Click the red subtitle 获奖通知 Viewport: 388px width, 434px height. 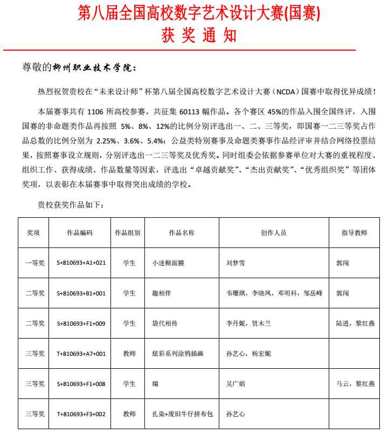[199, 36]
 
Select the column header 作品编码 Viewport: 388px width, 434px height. [80, 233]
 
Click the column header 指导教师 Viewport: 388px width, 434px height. [354, 233]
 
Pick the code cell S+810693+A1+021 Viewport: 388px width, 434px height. [81, 263]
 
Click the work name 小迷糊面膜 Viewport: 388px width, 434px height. [168, 263]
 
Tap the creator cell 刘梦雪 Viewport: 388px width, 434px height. [235, 263]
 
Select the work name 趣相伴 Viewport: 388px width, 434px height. [161, 293]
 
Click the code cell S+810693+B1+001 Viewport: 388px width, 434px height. [81, 293]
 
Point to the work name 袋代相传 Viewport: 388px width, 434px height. [164, 323]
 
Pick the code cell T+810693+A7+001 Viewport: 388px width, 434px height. [81, 354]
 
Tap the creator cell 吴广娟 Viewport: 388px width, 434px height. [235, 384]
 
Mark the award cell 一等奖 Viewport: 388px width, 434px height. [36, 263]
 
